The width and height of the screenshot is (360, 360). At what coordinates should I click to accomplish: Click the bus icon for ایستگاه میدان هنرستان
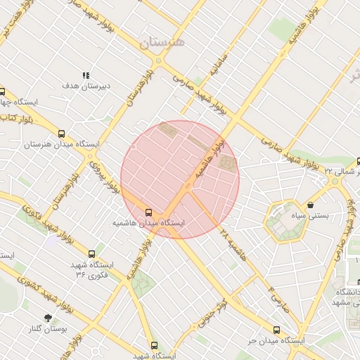[61, 134]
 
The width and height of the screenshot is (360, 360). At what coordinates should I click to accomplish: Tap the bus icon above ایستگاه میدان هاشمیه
[148, 212]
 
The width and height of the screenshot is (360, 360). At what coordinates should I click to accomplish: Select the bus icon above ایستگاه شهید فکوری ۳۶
[91, 254]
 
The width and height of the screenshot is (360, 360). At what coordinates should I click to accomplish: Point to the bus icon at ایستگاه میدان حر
[276, 329]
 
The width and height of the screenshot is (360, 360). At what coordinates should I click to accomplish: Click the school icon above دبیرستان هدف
[86, 75]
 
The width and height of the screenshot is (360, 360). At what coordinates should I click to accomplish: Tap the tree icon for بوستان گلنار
[48, 318]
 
